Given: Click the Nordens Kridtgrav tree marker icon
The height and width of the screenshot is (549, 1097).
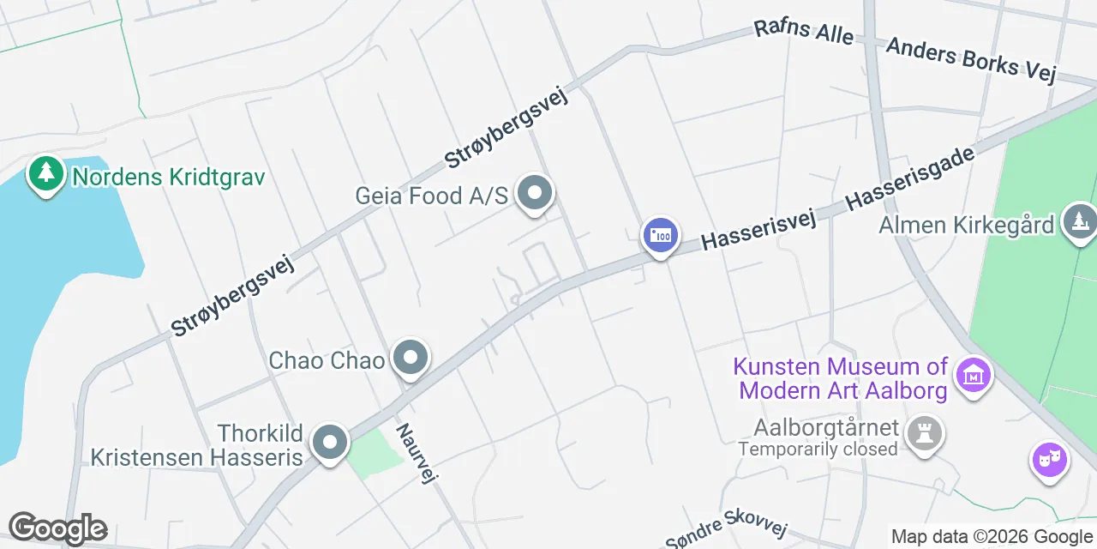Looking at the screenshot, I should pos(45,174).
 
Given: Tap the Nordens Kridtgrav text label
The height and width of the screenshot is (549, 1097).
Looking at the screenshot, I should pos(168,178).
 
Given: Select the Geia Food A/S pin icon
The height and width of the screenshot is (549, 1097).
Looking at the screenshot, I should pos(536,194).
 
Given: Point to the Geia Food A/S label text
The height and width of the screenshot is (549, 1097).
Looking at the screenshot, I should pos(432,196).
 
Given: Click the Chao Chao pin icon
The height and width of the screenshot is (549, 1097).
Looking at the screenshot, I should pos(411,359).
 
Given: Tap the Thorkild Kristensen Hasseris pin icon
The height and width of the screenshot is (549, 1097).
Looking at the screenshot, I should pos(329,443).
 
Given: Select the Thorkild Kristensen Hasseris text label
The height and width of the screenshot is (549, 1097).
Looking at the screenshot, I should pos(197,444).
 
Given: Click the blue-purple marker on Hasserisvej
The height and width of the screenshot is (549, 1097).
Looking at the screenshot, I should pos(661,235).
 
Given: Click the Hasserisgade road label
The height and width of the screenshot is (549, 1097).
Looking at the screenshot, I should pos(910,178).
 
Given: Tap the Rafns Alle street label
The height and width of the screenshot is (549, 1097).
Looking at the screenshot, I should pos(803,33).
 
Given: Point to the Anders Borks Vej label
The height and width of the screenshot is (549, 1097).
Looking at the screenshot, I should pos(971,60).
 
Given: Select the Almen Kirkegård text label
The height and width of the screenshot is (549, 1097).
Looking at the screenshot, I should pos(966,226).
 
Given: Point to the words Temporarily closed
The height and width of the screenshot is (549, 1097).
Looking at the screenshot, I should pos(818,449).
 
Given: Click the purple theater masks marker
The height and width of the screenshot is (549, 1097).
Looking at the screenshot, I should pos(1049,461).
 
